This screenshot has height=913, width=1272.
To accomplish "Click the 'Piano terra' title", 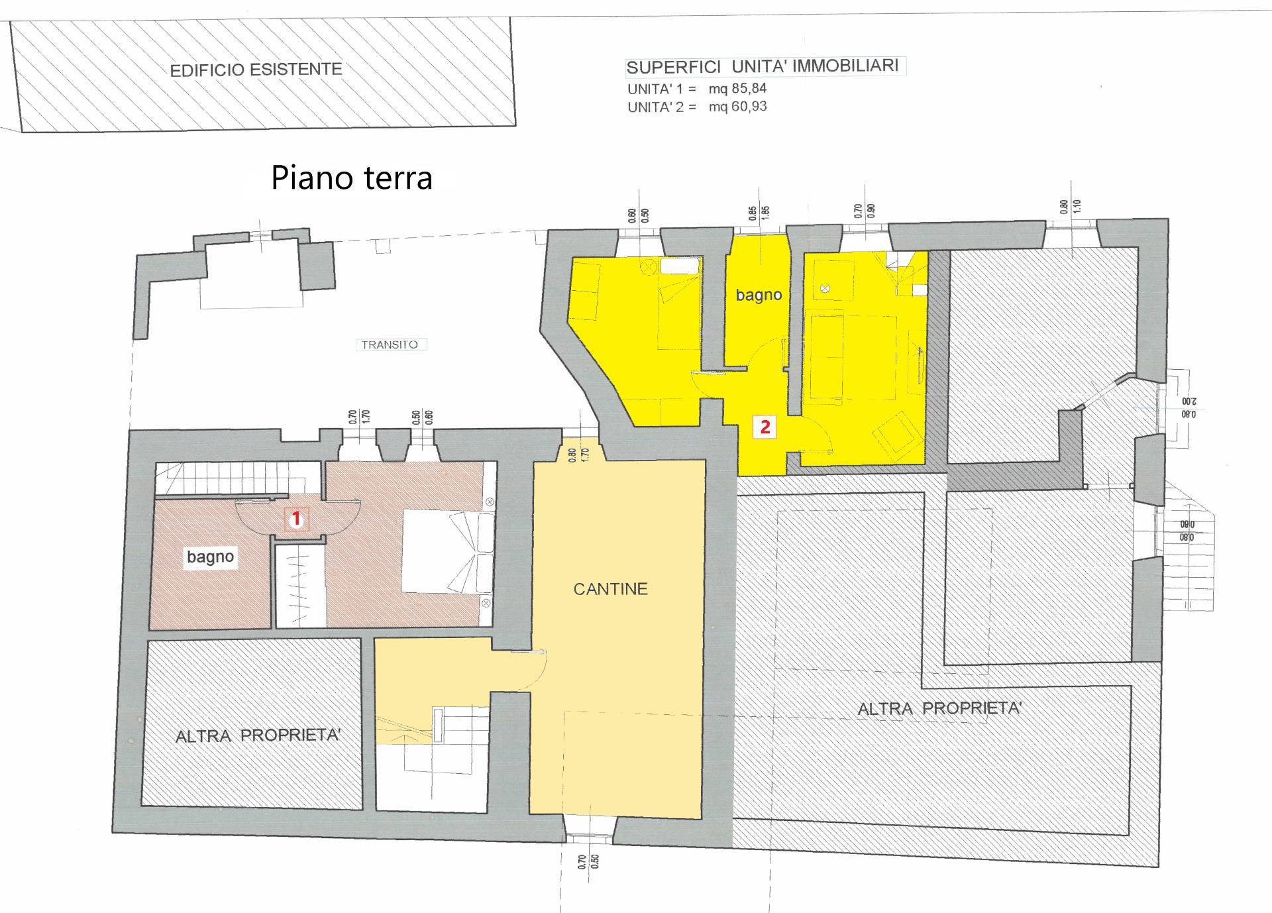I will click(x=352, y=178).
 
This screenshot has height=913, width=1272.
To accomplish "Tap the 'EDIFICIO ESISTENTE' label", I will click(x=256, y=70).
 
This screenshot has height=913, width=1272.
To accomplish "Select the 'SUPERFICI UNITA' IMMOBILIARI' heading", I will click(x=763, y=66).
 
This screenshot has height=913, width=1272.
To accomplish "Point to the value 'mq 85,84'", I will click(x=738, y=88).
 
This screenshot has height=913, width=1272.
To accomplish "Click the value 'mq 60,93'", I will click(x=738, y=106).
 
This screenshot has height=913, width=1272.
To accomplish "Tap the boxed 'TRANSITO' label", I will click(x=390, y=345).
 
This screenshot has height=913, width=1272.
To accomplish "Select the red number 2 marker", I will click(x=765, y=427).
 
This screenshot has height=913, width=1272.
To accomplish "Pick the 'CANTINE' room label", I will click(x=610, y=589).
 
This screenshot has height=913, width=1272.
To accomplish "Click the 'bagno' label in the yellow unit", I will click(x=759, y=295).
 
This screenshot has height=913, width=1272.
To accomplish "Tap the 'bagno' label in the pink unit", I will click(x=210, y=557).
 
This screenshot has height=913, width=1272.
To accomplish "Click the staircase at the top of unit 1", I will click(x=219, y=478).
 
